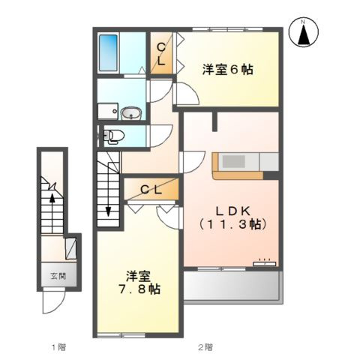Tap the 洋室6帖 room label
coord(227,70)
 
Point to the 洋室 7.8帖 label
coord(136,281)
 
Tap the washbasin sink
coord(130,114)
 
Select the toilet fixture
coord(112,136)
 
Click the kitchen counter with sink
coord(245,162)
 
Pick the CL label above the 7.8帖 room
coord(151,190)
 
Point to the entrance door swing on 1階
coord(52,302)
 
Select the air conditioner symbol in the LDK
coord(263,262)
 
